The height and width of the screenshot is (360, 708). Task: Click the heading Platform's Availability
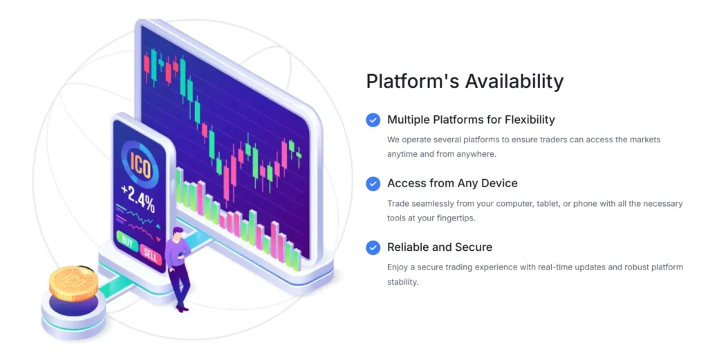[465, 82]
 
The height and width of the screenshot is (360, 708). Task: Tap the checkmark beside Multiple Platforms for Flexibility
[373, 120]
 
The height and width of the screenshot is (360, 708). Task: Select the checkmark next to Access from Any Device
[373, 184]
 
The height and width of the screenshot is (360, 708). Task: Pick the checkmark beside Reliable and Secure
[373, 247]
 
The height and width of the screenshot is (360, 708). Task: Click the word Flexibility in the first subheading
[530, 120]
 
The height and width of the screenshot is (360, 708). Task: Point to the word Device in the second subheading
[499, 183]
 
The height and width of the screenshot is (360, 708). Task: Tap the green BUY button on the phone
[127, 243]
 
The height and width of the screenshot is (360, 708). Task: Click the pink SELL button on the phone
[150, 254]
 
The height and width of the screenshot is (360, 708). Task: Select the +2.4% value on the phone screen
[138, 198]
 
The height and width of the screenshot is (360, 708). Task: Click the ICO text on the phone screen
[140, 165]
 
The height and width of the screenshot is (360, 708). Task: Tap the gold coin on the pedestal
[73, 283]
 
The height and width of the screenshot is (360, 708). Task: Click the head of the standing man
[178, 234]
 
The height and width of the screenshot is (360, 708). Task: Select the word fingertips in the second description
[455, 218]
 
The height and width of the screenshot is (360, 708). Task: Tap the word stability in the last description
[402, 282]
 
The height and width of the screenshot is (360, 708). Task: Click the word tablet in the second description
[548, 204]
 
